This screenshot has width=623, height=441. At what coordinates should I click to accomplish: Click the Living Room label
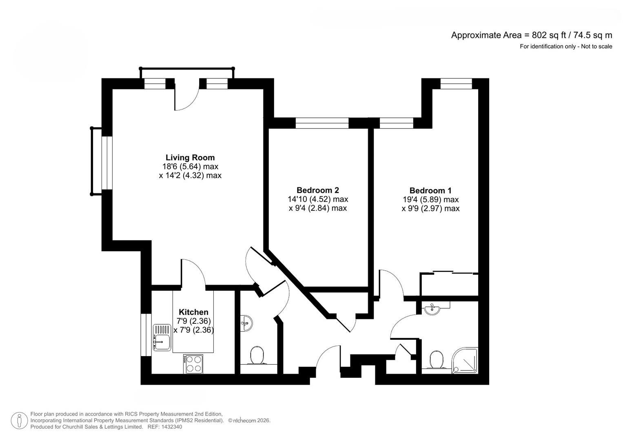click(190, 158)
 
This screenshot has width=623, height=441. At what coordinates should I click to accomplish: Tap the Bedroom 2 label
click(317, 190)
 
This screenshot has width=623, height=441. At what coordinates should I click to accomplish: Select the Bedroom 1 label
click(430, 191)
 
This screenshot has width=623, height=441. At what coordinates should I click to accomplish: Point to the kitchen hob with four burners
click(193, 363)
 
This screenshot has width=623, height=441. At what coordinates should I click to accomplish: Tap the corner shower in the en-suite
click(466, 360)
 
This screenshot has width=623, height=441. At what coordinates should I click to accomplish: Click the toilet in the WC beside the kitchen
click(257, 356)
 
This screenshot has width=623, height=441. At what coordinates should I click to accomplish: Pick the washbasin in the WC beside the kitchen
click(246, 323)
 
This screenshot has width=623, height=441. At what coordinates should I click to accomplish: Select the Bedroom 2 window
click(322, 123)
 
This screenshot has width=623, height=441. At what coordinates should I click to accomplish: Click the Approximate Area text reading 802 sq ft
click(531, 35)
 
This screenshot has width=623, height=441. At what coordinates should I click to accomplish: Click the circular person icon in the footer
click(19, 421)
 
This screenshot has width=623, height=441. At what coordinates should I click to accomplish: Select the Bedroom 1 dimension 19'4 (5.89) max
click(430, 200)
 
